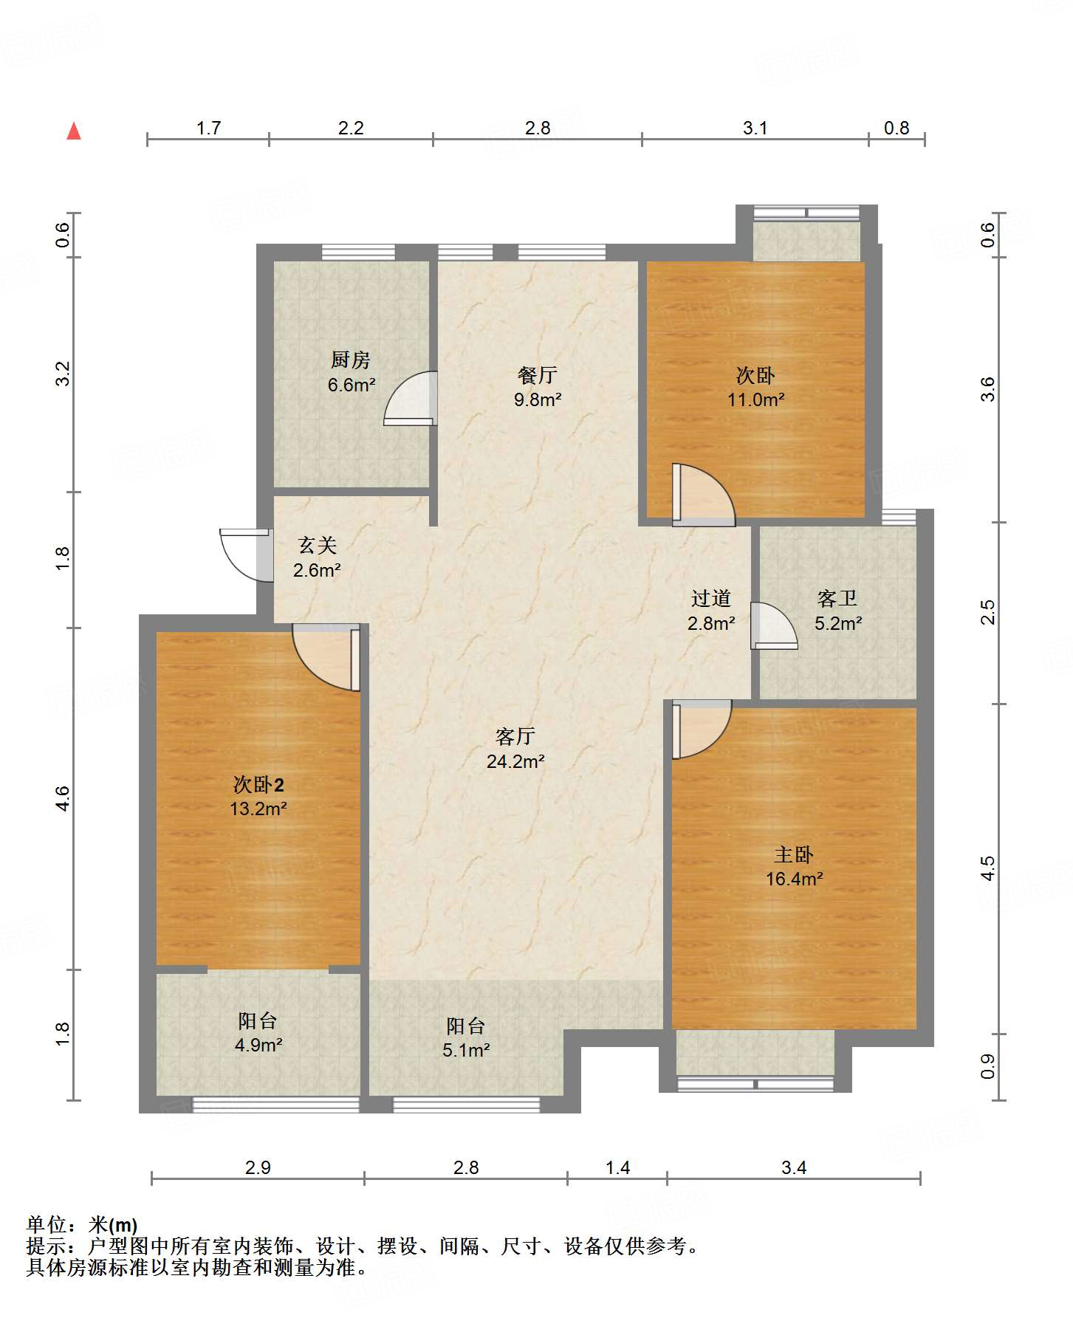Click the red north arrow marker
(74, 131)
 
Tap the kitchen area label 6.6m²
(352, 385)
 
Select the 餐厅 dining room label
(538, 375)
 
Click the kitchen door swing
(411, 398)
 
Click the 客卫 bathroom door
(774, 626)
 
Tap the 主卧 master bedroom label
(794, 854)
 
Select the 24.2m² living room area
(515, 761)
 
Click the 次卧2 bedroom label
(258, 784)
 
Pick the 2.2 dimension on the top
(351, 128)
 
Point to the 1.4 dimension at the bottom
(617, 1167)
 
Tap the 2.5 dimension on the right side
(987, 612)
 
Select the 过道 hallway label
(711, 598)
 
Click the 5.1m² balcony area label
(466, 1050)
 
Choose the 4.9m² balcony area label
(258, 1045)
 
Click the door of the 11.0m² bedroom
(704, 495)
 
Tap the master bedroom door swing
(702, 730)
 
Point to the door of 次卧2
(326, 657)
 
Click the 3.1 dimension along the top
(755, 128)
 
